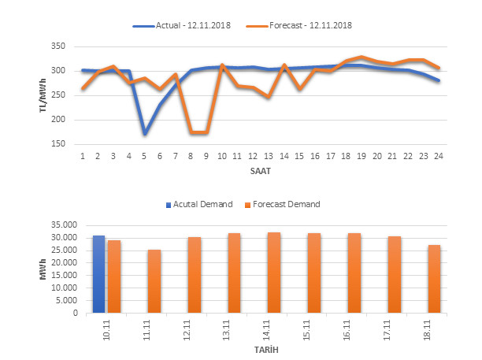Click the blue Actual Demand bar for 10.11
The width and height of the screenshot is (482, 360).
tap(98, 274)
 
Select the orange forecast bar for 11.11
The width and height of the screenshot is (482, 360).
tap(154, 281)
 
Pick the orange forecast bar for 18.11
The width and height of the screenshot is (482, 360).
tap(435, 279)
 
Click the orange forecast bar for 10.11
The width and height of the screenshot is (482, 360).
tap(114, 276)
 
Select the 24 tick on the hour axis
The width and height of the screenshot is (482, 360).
tap(439, 156)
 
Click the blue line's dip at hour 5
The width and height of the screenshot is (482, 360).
tap(145, 133)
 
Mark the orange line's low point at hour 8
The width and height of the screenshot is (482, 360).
tap(191, 132)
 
